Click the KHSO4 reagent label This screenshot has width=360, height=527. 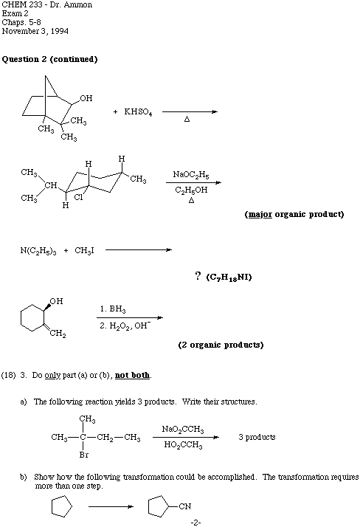pos(138,112)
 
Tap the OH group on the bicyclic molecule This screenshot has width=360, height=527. pos(86,98)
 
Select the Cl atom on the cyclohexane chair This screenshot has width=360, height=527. pos(78,197)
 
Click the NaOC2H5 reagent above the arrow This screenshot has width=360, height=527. pos(191,175)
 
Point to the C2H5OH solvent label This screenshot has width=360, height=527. pos(191,190)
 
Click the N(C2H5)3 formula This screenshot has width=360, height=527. pos(38,251)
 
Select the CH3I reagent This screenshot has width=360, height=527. pos(84,251)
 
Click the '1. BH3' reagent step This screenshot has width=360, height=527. pos(113,309)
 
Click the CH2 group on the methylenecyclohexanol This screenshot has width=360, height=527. pos(58,334)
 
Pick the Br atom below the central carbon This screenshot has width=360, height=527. pos(84,455)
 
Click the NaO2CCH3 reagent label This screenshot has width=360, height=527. pos(183,430)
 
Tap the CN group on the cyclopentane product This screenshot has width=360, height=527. pos(184,506)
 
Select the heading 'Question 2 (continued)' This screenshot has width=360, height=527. pos(49,59)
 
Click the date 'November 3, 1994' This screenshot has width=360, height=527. pos(35,31)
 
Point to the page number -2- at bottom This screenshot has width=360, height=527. pos(195,523)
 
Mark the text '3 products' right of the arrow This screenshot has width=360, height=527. pos(257,437)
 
